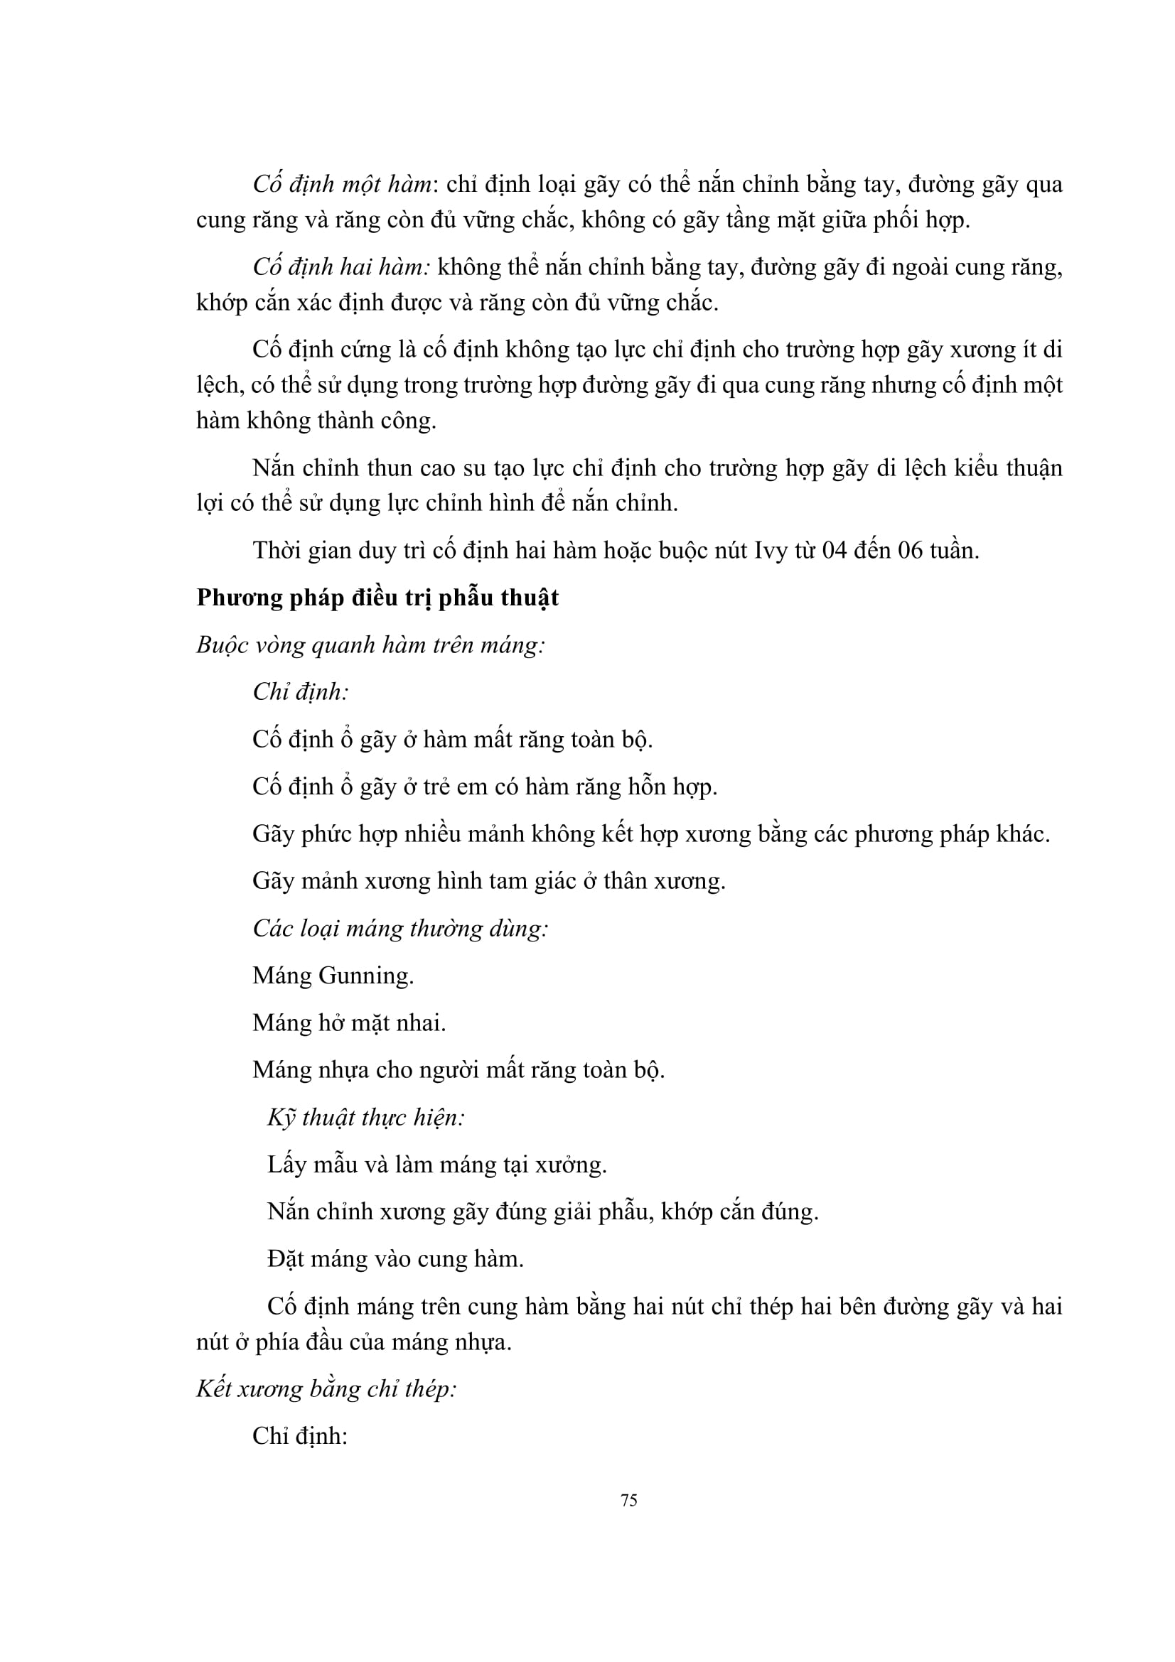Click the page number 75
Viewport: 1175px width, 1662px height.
(628, 1501)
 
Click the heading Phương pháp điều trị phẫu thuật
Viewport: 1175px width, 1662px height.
(377, 598)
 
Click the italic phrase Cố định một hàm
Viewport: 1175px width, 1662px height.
(342, 185)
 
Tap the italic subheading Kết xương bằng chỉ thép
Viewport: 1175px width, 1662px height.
(326, 1388)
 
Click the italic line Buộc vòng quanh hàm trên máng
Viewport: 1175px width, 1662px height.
(370, 645)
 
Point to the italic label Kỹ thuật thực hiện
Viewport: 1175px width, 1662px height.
(365, 1118)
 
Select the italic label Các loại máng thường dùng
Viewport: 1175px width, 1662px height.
(400, 928)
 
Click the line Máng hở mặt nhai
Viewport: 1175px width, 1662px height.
(349, 1022)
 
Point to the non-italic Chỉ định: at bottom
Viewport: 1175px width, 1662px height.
(301, 1436)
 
